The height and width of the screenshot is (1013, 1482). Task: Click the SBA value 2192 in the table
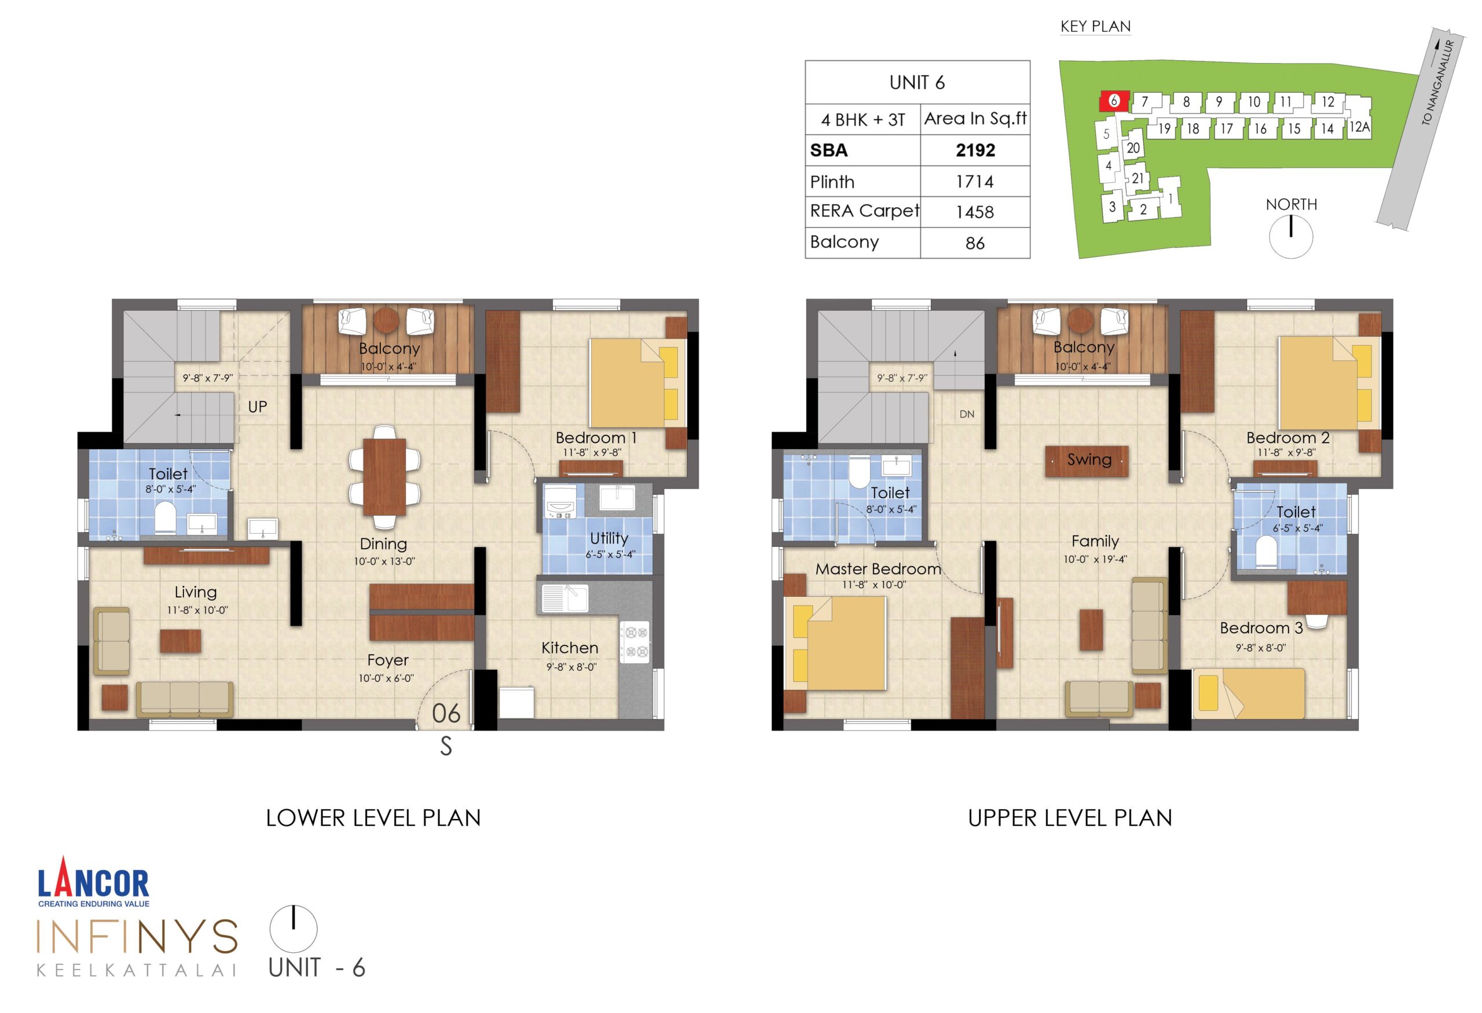975,151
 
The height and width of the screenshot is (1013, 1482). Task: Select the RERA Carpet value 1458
974,212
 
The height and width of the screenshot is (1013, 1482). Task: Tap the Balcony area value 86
974,243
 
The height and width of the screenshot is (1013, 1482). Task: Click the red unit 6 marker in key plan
1113,101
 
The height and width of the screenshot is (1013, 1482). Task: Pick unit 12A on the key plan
1359,127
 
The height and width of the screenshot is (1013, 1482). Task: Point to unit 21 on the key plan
1138,178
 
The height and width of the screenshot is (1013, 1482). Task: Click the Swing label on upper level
1089,460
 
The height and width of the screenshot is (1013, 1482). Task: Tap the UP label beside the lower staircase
258,407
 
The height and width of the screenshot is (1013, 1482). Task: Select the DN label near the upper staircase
967,414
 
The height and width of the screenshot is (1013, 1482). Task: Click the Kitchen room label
570,648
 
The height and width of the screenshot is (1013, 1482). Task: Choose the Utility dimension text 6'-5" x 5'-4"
610,555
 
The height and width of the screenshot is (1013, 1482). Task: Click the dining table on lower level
384,477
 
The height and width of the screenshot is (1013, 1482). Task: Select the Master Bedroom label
878,569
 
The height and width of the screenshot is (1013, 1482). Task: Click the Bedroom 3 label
1261,628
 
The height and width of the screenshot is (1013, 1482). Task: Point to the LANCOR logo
94,883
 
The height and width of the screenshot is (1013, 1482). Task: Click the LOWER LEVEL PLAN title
373,818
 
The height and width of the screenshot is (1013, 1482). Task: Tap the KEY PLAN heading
1095,26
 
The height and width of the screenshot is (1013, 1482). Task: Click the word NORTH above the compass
1291,205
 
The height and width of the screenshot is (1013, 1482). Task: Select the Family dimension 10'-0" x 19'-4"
1095,560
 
